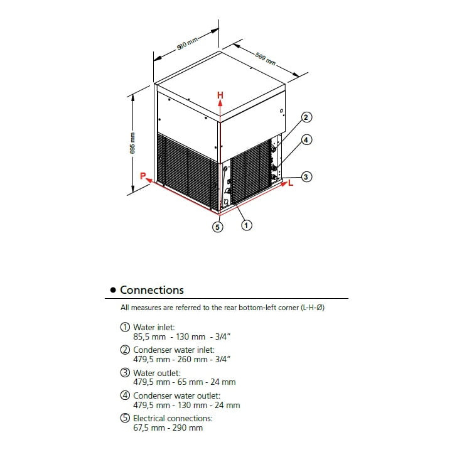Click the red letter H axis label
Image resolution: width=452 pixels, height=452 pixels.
tap(220, 95)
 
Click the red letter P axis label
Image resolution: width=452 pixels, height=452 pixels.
tap(143, 176)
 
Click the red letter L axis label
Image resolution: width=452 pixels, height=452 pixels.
tap(291, 183)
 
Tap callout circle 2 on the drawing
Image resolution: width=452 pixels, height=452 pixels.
tap(306, 117)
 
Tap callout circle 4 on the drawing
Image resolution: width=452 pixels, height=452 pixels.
tap(306, 140)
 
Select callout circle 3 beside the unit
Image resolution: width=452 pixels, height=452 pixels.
tap(306, 176)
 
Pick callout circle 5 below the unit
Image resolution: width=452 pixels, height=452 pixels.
tap(217, 227)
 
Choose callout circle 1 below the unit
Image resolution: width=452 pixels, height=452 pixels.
tap(246, 225)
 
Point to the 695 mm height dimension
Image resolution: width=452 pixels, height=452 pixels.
tap(132, 143)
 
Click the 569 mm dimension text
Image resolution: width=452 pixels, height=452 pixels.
tap(266, 59)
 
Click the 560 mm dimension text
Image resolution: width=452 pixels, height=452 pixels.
tap(187, 43)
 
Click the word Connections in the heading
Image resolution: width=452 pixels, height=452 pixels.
tap(152, 290)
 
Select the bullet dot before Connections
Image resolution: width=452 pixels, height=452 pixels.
tap(113, 290)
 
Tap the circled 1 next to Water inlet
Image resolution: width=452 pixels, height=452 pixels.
tap(125, 327)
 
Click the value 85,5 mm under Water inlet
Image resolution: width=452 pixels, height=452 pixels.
tap(149, 336)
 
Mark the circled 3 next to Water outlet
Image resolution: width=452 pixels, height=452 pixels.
tap(125, 373)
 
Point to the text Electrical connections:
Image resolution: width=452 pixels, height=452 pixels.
tap(173, 418)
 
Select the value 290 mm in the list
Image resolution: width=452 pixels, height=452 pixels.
tap(187, 428)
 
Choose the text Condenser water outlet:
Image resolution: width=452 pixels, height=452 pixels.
tap(176, 395)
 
